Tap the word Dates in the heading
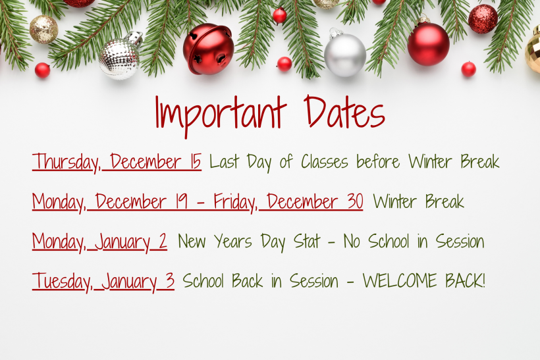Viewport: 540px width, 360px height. [x=344, y=113]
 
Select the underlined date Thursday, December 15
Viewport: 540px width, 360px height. [x=117, y=162]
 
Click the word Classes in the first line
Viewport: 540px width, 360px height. [x=325, y=162]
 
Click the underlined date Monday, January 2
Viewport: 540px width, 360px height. [x=99, y=242]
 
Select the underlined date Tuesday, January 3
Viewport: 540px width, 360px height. [x=103, y=282]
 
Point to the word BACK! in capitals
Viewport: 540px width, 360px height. [x=463, y=281]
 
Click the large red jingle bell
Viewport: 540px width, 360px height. [x=208, y=49]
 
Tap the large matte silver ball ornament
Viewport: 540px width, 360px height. [x=345, y=53]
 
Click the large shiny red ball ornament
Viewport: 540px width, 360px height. [x=428, y=43]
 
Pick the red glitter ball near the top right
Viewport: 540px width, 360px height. [x=483, y=18]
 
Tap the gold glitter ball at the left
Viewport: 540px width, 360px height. [x=43, y=30]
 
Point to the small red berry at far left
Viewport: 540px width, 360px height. [x=43, y=70]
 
